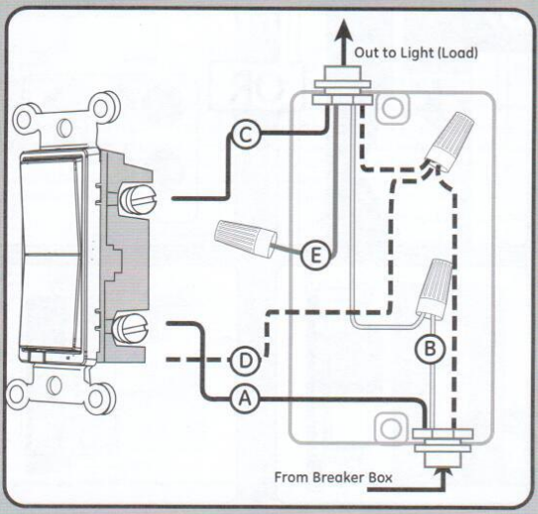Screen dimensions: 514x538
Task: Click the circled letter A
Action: click(244, 398)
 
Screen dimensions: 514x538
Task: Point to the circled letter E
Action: click(315, 256)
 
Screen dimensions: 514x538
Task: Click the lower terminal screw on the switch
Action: click(132, 325)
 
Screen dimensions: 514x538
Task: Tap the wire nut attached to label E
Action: click(241, 237)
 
